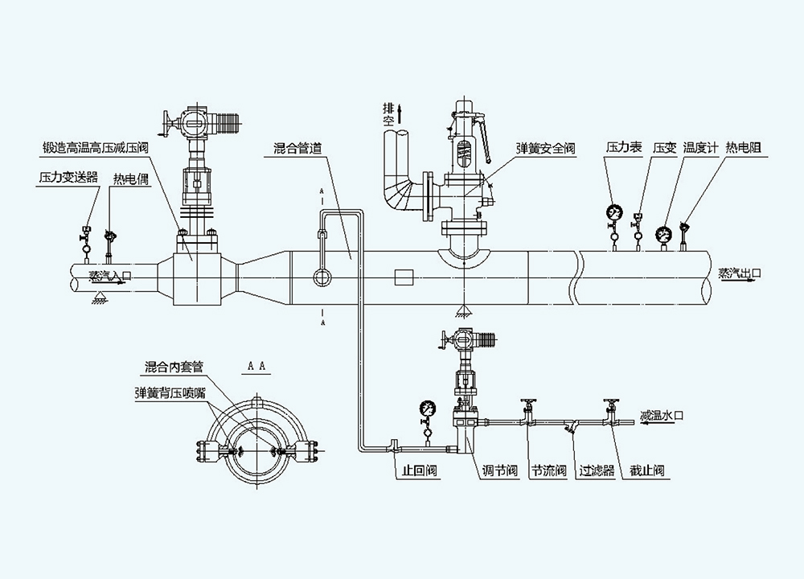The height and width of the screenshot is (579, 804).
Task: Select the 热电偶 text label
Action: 131,179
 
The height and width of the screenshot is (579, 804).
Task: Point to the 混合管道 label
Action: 298,148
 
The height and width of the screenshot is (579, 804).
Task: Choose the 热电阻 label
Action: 744,148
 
